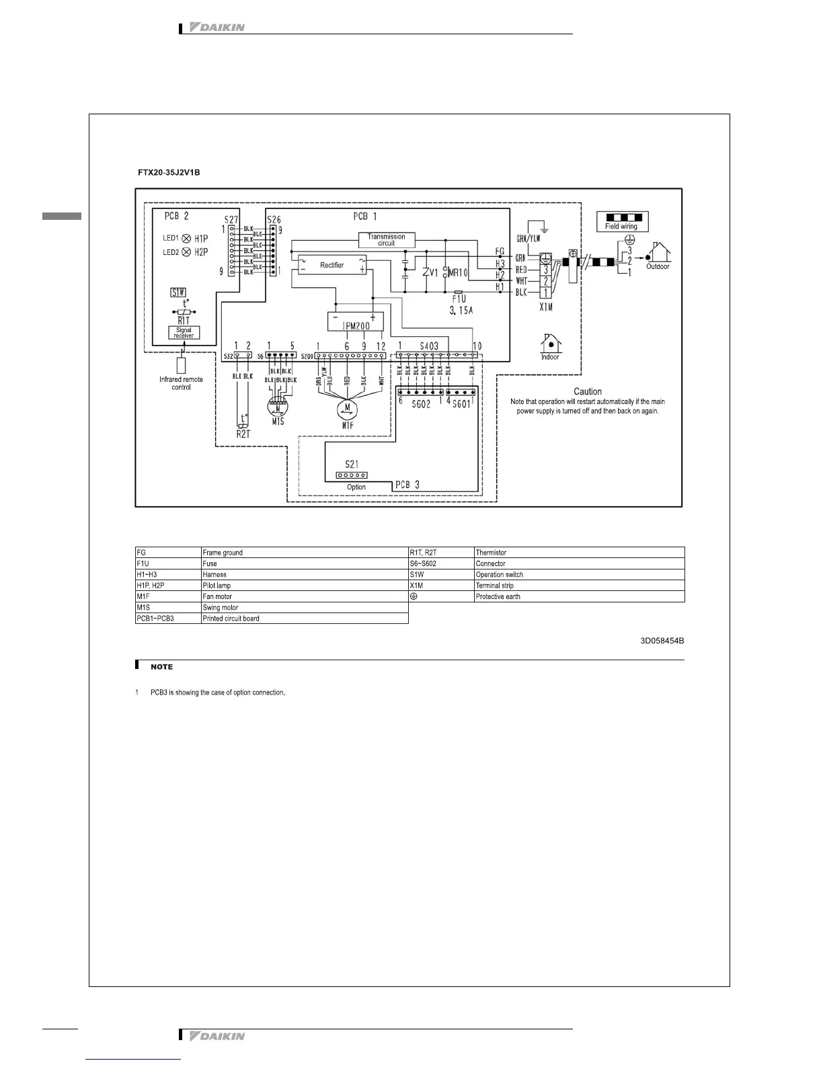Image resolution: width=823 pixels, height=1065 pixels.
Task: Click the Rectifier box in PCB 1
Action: click(331, 265)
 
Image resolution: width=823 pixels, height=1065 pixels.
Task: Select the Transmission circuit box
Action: click(387, 240)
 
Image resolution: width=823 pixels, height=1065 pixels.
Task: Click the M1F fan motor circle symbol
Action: click(347, 407)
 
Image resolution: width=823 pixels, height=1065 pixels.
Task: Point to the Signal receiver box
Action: click(184, 333)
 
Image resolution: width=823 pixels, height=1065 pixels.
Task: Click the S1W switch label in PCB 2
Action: click(178, 292)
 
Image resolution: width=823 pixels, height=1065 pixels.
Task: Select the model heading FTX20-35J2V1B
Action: click(169, 173)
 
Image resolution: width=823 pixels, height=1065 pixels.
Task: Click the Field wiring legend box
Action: click(623, 222)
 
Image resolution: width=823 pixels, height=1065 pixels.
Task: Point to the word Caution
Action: click(588, 391)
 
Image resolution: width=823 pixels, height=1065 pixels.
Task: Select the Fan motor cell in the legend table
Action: click(305, 596)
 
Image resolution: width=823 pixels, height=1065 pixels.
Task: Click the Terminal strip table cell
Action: click(579, 586)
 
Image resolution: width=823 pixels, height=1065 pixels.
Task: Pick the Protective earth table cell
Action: click(579, 596)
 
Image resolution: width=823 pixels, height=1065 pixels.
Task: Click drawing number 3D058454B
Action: click(662, 641)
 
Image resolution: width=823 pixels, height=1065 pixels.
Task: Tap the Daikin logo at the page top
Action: click(218, 28)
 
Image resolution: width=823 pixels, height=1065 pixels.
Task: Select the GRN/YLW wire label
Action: click(528, 238)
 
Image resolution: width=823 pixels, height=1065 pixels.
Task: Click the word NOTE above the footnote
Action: click(161, 667)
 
